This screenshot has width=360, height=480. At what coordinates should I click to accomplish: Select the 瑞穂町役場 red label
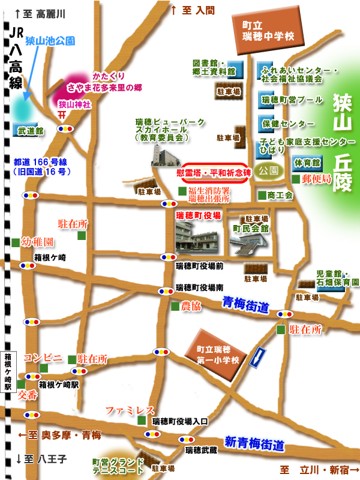pos(198,214)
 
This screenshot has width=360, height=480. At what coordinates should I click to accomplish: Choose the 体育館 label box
pos(306,163)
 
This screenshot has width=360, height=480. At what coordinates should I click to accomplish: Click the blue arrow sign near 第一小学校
pos(257,358)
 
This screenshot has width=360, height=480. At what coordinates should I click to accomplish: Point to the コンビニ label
pos(43,358)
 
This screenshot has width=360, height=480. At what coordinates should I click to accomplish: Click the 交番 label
pos(28,395)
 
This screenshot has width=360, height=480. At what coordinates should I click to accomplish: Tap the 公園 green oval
pos(268,170)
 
